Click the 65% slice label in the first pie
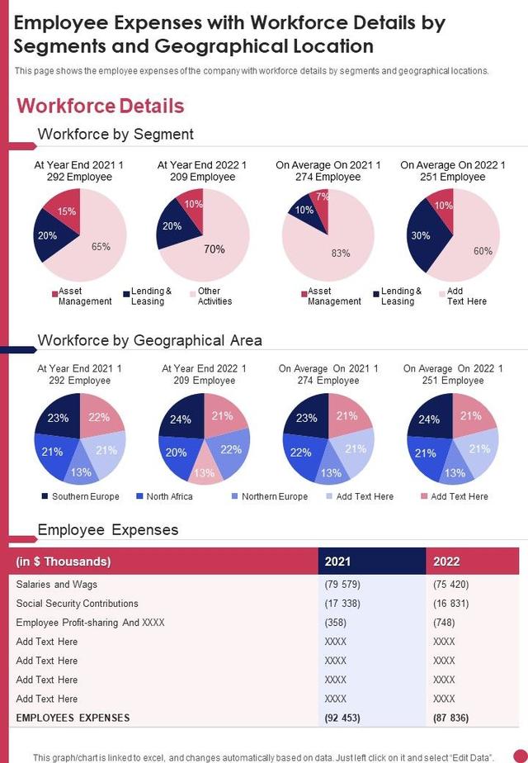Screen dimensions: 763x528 (x=101, y=246)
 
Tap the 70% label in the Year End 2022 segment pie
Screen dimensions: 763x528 (x=214, y=249)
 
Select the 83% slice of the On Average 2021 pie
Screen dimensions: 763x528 (x=341, y=253)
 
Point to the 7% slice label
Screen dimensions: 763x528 (x=323, y=197)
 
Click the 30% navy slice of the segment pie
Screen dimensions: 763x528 (x=421, y=235)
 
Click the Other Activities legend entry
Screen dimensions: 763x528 (x=210, y=296)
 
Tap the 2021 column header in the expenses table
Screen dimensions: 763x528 (x=337, y=562)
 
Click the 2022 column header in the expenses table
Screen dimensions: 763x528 (x=446, y=562)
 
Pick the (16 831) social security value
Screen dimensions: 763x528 (x=450, y=604)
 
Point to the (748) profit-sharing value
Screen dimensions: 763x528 (x=444, y=623)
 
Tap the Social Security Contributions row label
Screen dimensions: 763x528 (x=78, y=604)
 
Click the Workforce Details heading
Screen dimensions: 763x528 (x=101, y=106)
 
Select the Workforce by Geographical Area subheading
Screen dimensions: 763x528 (x=150, y=340)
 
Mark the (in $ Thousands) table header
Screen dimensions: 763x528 (x=64, y=562)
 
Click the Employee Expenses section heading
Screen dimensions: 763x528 (x=108, y=529)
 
